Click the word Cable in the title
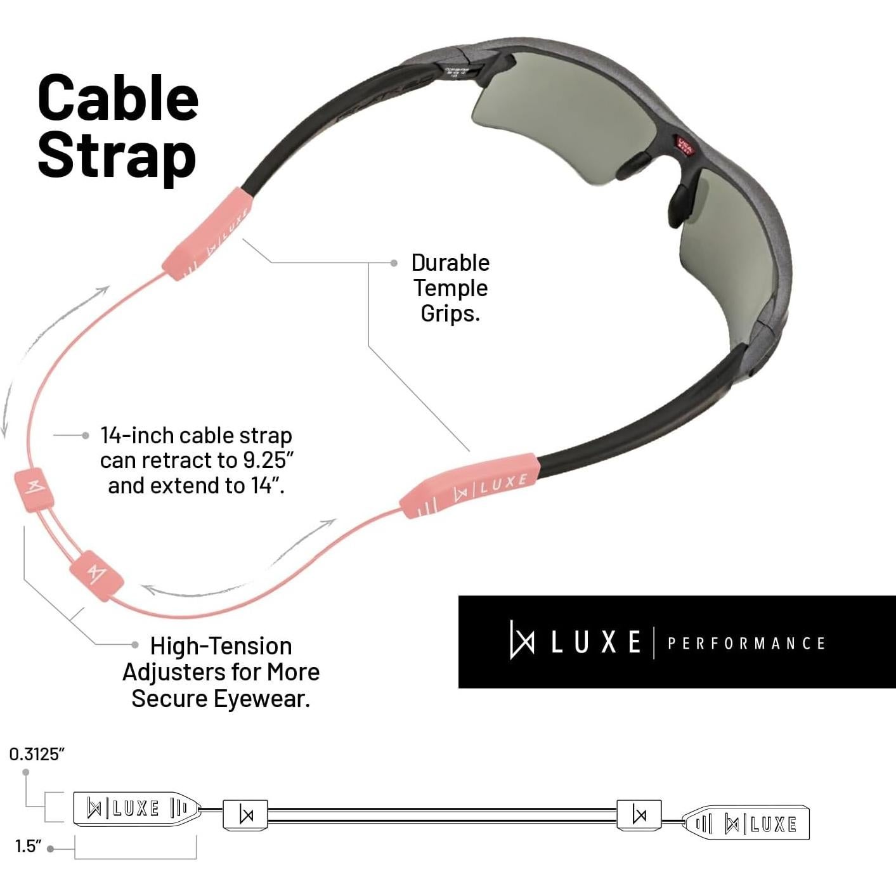click(118, 98)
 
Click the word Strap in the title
click(117, 156)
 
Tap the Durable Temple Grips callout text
click(450, 288)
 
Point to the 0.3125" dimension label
click(37, 754)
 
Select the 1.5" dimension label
click(28, 847)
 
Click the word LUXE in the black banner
click(595, 642)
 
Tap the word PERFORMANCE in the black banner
click(746, 644)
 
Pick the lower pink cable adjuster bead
click(98, 572)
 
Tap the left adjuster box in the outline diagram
click(245, 815)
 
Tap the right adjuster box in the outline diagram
click(639, 814)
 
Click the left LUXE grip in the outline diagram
click(136, 808)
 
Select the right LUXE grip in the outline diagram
click(747, 823)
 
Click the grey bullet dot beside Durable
click(394, 263)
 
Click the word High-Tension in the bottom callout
click(221, 646)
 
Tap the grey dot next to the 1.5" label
click(51, 848)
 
